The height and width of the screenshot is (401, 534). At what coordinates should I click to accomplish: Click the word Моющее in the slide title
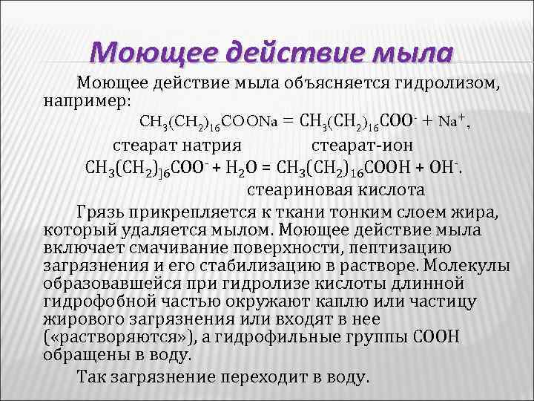coord(151,53)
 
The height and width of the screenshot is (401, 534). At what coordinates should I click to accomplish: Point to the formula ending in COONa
coord(207,122)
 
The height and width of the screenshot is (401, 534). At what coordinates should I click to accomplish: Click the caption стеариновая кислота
coord(336,189)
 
